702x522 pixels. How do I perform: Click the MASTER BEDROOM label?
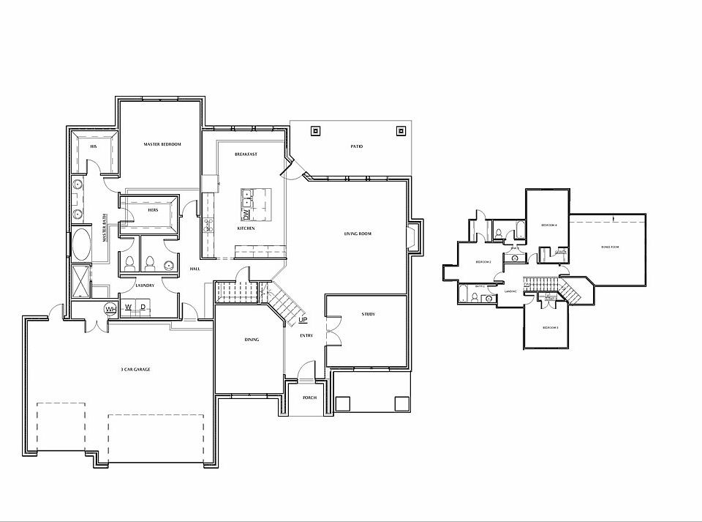[x=162, y=144]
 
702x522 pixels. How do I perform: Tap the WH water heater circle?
[x=111, y=309]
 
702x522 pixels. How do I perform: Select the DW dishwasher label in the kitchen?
[x=246, y=215]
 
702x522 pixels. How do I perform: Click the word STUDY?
[x=368, y=314]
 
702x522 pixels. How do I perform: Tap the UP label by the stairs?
[x=303, y=321]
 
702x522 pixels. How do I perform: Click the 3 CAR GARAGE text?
[x=135, y=370]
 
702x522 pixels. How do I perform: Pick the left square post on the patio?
[x=315, y=132]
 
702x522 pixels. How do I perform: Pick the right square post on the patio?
[x=401, y=132]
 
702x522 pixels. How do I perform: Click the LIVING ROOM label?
[x=358, y=234]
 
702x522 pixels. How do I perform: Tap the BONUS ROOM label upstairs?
[x=610, y=247]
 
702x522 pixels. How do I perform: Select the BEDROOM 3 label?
[x=550, y=327]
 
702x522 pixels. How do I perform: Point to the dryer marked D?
[x=143, y=306]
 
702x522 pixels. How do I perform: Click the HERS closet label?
[x=153, y=210]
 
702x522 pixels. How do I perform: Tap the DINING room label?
[x=252, y=340]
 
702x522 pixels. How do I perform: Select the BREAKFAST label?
[x=246, y=154]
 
